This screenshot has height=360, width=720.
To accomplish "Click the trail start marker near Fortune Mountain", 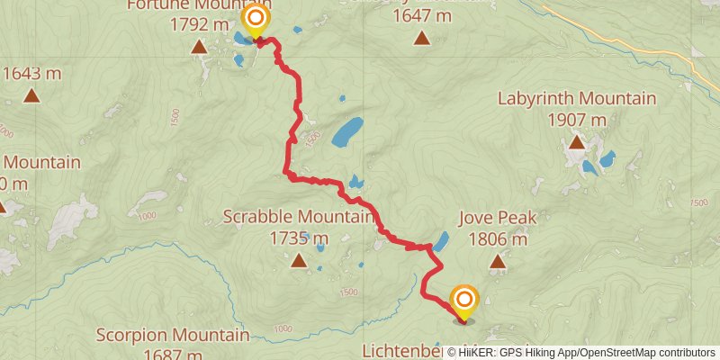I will point(256,20).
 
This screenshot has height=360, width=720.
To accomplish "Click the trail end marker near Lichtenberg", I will point(464,301).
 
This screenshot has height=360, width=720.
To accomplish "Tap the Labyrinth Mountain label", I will point(577,98).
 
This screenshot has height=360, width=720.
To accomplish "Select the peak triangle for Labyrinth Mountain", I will point(576,142).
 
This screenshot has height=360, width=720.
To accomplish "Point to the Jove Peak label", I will point(498,218).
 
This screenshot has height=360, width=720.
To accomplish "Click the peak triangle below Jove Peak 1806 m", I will point(498,262).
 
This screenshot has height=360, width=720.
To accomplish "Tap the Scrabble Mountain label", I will point(298,217).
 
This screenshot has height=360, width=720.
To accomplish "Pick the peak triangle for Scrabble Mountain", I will point(299,261).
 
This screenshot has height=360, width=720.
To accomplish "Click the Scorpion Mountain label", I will point(174,336).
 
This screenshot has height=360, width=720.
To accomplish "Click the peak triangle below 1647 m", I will point(421,38).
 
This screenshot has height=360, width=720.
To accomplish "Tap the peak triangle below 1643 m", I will point(32,95).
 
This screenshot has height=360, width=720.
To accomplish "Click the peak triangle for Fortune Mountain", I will point(199,45).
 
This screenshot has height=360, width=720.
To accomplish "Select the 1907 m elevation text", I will point(577,120).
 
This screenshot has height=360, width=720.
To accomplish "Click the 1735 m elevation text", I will point(298,238).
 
